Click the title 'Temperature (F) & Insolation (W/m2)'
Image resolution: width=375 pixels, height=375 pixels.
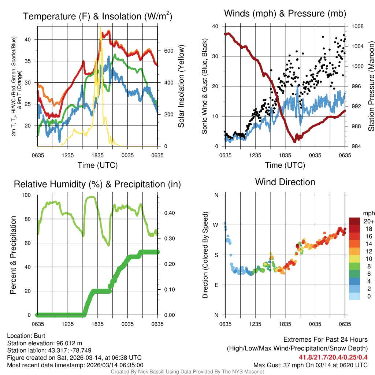(x=98, y=16)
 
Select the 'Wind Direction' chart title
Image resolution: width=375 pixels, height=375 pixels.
(x=285, y=182)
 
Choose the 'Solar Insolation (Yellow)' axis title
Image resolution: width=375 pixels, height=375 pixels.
(x=181, y=86)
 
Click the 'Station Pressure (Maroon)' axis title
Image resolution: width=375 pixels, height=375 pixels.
(x=371, y=86)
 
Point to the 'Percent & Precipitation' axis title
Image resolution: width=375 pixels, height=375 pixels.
(x=13, y=255)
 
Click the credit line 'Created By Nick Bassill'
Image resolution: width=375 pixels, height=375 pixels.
(x=187, y=372)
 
